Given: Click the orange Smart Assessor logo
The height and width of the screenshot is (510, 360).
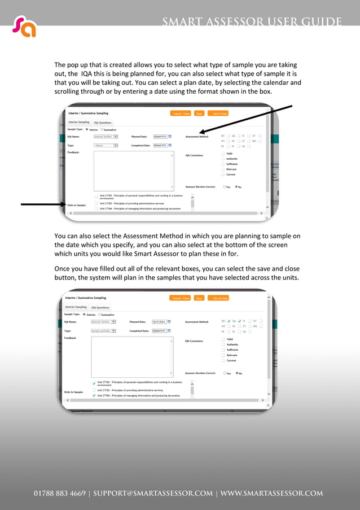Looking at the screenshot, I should coord(24,26).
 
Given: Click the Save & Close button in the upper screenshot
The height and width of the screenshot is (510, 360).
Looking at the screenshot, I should coord(219,114).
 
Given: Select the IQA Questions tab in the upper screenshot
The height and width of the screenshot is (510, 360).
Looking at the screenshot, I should coord(103,122).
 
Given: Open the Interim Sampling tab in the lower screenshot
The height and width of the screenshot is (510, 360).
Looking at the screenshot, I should coord(76,307).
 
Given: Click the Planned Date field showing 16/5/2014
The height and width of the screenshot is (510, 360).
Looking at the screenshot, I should coord(159,321).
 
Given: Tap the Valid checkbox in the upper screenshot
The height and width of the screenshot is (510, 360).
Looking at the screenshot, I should coord(223,153).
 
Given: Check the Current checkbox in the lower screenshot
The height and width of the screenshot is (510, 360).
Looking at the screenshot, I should coord(223,360).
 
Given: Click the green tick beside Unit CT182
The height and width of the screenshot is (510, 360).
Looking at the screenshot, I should coord(94,382).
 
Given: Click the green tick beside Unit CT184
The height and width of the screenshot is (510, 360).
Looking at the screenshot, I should coord(94,396).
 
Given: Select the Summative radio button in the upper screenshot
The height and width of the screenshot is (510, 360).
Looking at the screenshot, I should coord(102,129).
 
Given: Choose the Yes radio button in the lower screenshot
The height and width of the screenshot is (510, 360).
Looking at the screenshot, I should coord(224,373).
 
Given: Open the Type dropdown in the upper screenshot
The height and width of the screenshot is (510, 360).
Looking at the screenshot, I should coord(106,145).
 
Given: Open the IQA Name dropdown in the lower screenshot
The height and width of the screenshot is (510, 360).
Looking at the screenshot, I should coord(104,321).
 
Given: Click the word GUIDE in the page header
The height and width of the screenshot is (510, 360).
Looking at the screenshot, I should coord(321,22).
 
